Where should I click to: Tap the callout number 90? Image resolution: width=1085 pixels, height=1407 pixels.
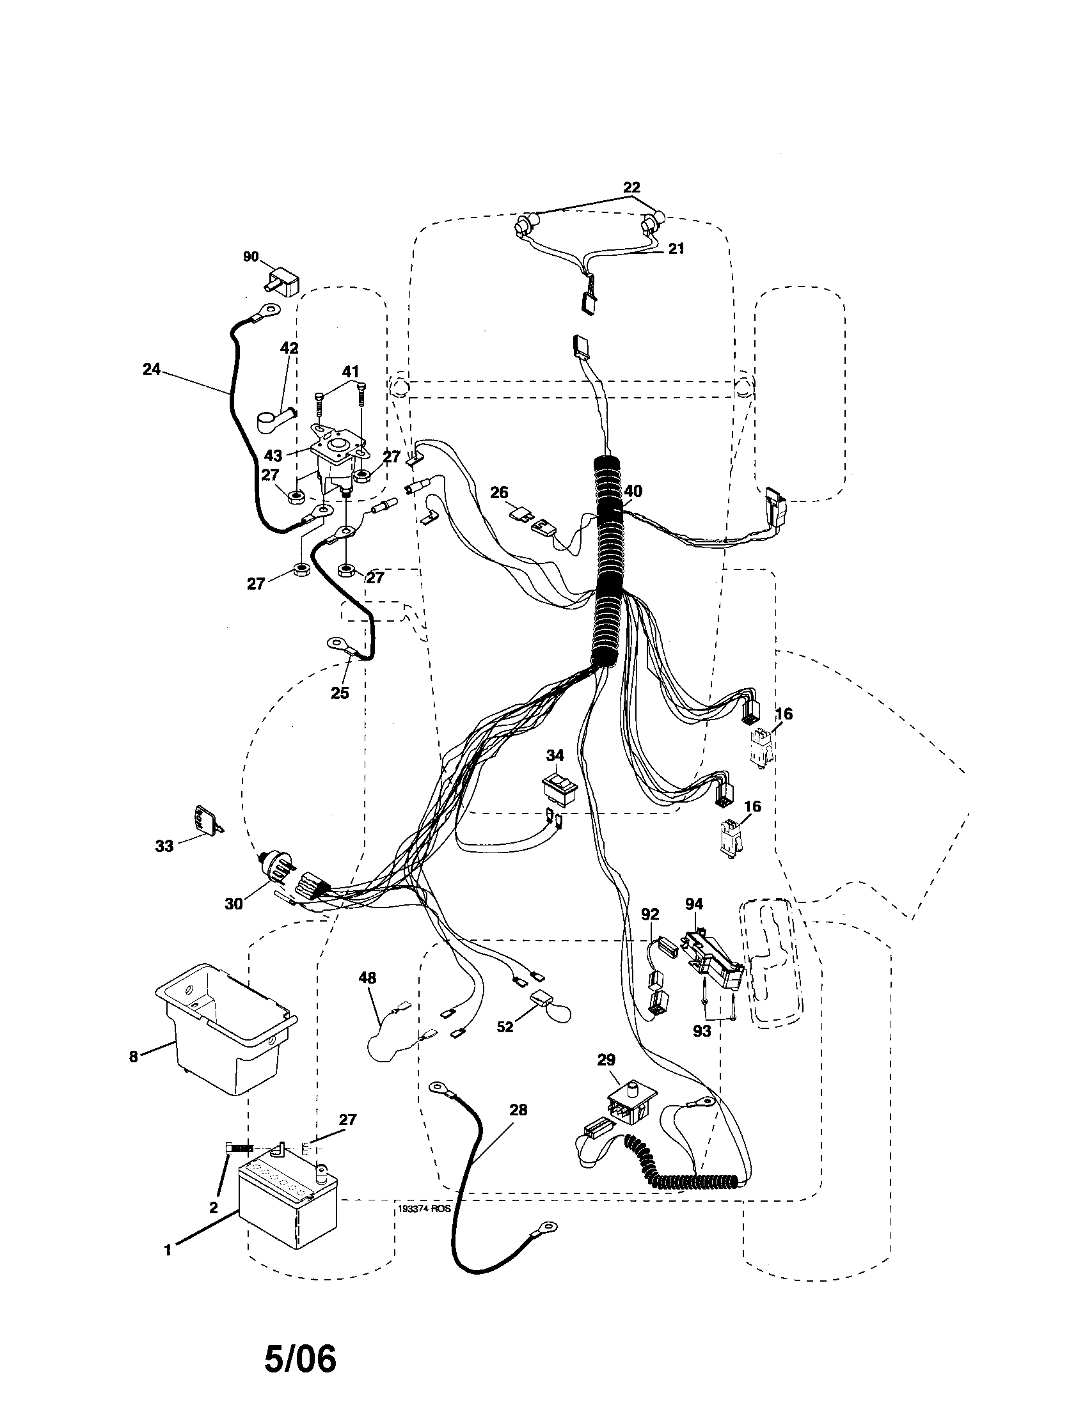pos(251,257)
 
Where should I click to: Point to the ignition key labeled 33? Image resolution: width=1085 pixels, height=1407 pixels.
pos(205,821)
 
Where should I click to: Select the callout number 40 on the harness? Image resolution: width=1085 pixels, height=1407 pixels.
pos(633,492)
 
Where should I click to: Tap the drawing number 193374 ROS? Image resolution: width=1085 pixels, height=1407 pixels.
pos(424,1209)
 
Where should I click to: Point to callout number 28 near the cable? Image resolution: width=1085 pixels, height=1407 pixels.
pos(518,1110)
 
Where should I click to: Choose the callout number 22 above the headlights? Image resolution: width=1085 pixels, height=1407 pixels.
pos(631,187)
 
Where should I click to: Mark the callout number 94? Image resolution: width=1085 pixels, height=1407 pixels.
pos(694,904)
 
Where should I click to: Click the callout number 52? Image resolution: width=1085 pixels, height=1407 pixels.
pos(505,1027)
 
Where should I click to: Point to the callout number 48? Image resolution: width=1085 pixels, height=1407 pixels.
pos(367,978)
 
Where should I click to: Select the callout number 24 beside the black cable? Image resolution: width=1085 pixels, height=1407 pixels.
pos(152,370)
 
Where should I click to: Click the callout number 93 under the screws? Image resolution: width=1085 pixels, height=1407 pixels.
pos(702,1031)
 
